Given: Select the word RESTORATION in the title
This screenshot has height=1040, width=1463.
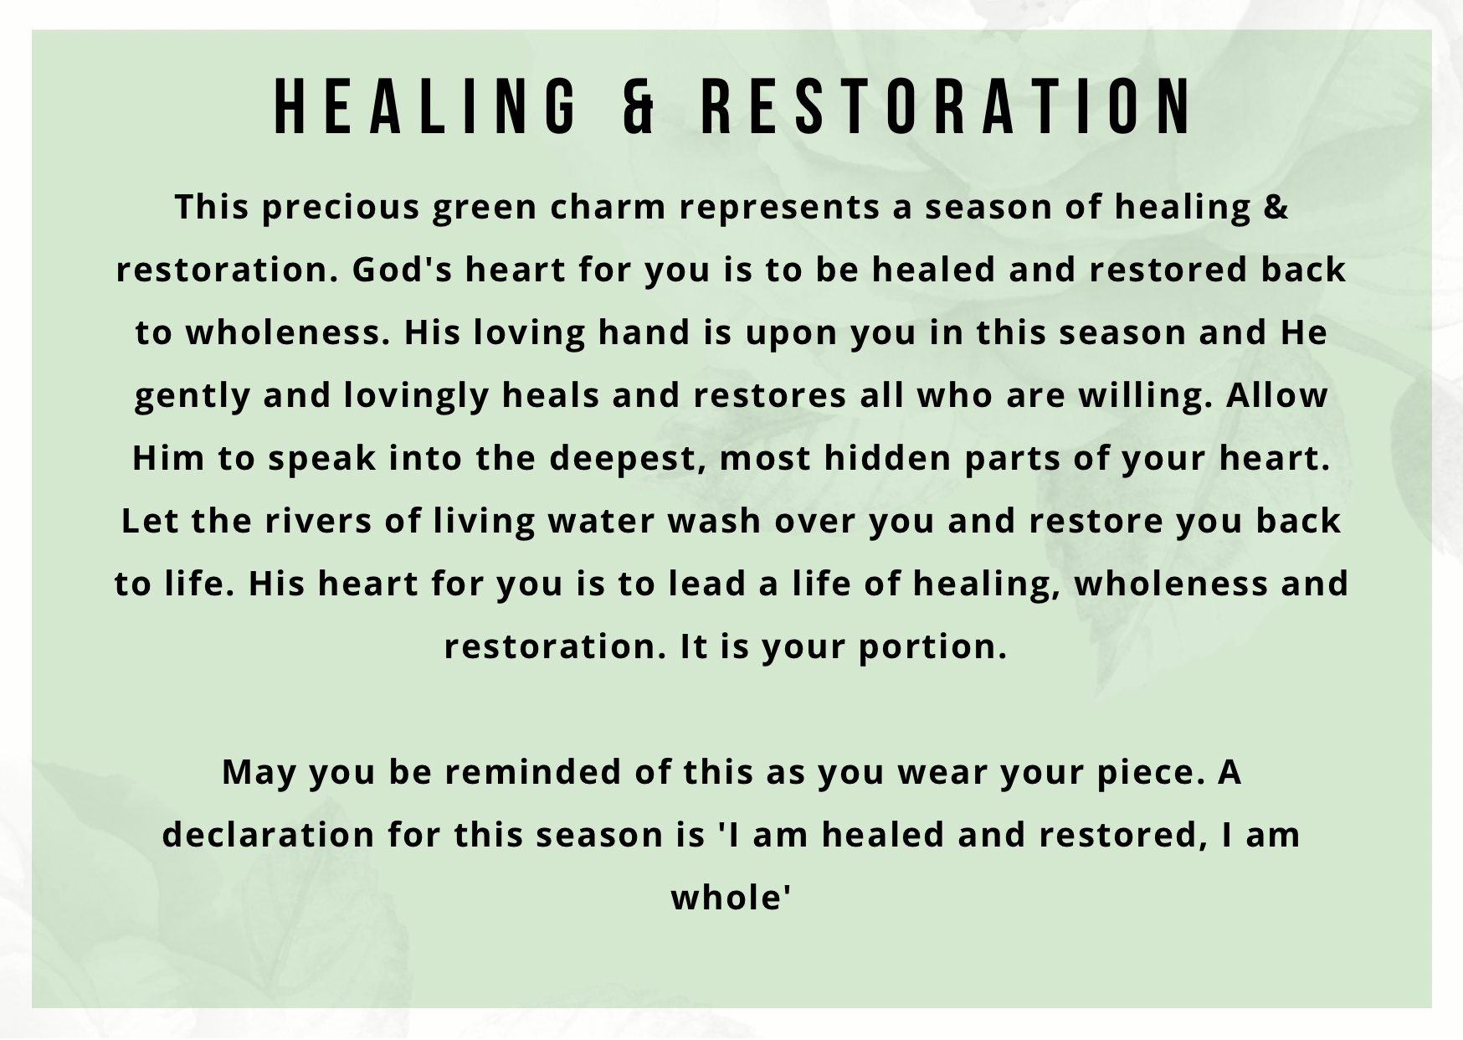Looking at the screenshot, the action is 945,106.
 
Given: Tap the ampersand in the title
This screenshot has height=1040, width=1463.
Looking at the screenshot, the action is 640,106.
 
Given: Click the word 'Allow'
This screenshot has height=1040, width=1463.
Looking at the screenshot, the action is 1277,395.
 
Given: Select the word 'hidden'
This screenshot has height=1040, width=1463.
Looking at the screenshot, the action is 887,458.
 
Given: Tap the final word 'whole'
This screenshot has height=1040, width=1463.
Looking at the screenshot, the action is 731,898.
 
